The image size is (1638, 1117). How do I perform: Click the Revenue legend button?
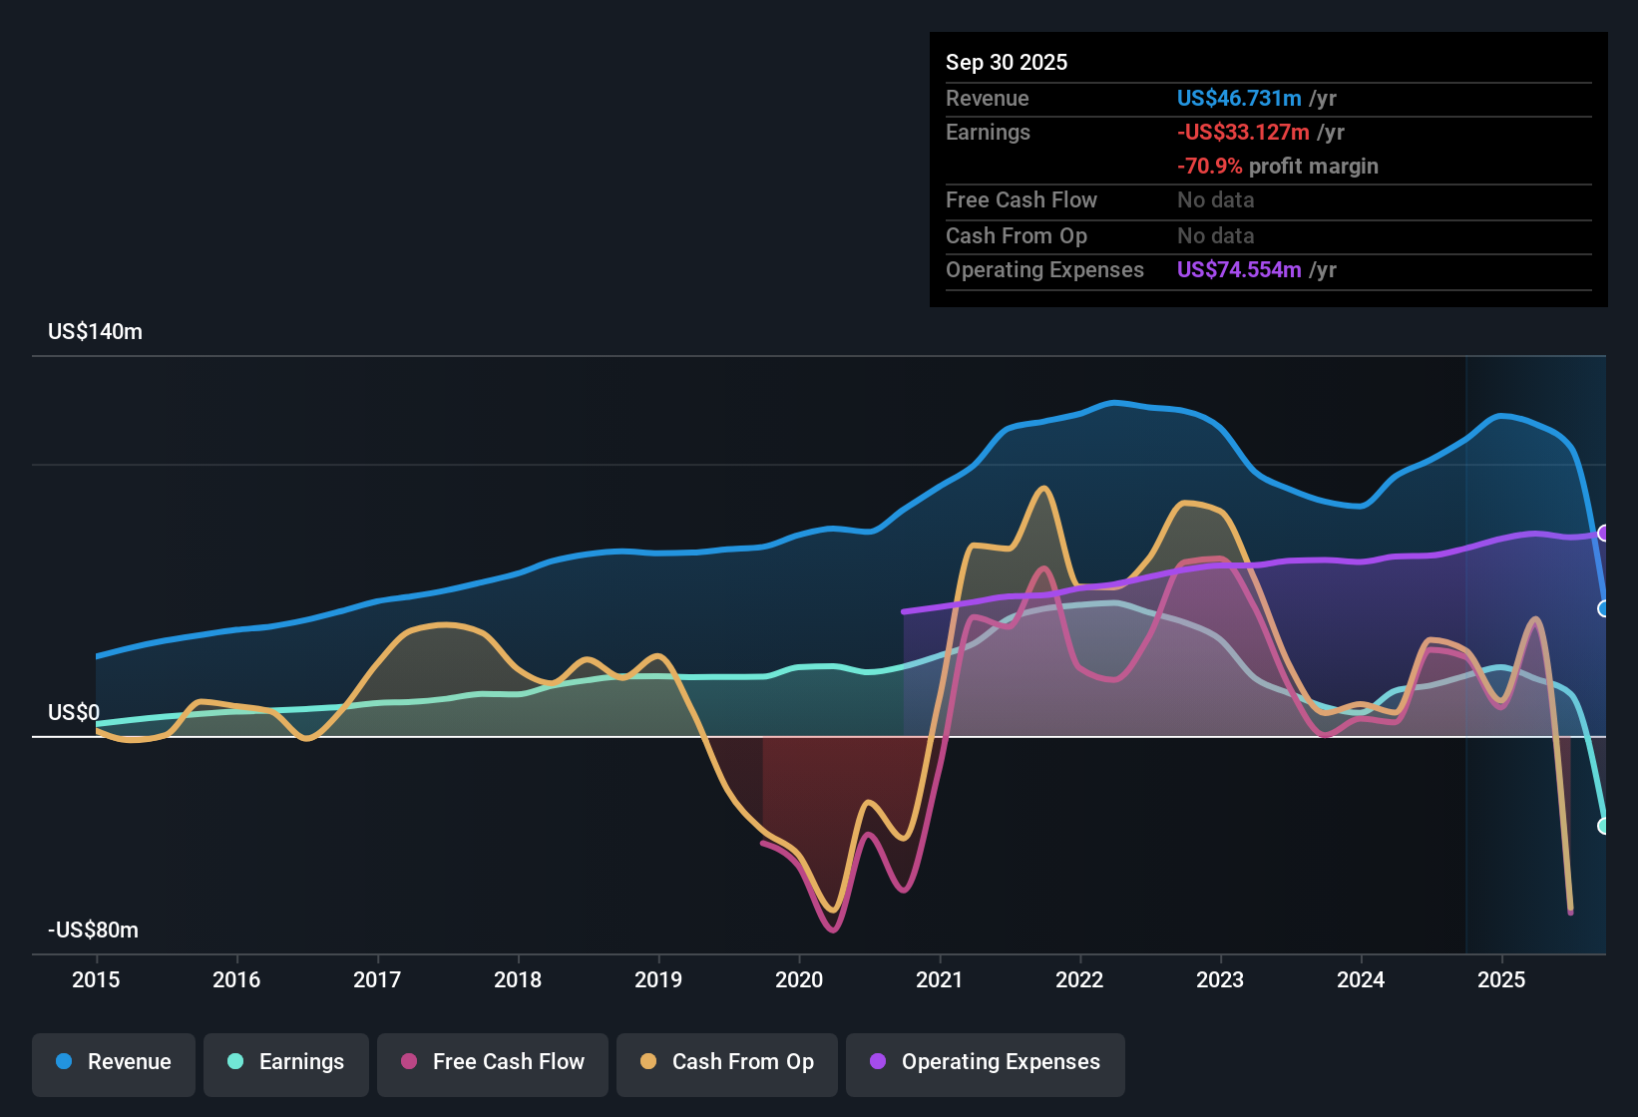coord(114,1062)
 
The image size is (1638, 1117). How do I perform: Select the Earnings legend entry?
coord(286,1062)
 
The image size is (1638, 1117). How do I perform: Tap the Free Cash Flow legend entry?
coord(493,1062)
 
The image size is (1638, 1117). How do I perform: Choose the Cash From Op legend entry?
coord(727,1062)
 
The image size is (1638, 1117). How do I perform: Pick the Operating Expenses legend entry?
coord(986,1062)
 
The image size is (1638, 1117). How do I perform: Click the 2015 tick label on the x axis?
coord(96,979)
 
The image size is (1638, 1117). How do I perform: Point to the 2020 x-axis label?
coord(799,979)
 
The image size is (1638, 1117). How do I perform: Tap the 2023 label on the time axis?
coord(1220,979)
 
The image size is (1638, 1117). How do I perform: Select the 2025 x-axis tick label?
coord(1501,979)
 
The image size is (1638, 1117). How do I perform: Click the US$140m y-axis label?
coord(95,332)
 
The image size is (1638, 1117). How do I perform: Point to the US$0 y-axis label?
coord(74,712)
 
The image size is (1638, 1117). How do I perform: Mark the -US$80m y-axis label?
coord(93,930)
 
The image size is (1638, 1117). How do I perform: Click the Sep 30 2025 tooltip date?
coord(1007,62)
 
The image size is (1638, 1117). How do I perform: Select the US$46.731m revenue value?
coord(1239,98)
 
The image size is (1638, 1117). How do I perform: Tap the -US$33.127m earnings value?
coord(1243,132)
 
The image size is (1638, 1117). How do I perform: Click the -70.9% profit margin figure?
coord(1209,166)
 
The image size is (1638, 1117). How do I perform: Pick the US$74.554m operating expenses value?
coord(1239,269)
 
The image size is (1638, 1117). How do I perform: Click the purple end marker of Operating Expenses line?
coord(1604,533)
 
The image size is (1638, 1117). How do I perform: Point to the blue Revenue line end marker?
coord(1604,608)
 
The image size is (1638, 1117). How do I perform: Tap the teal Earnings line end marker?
coord(1604,826)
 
